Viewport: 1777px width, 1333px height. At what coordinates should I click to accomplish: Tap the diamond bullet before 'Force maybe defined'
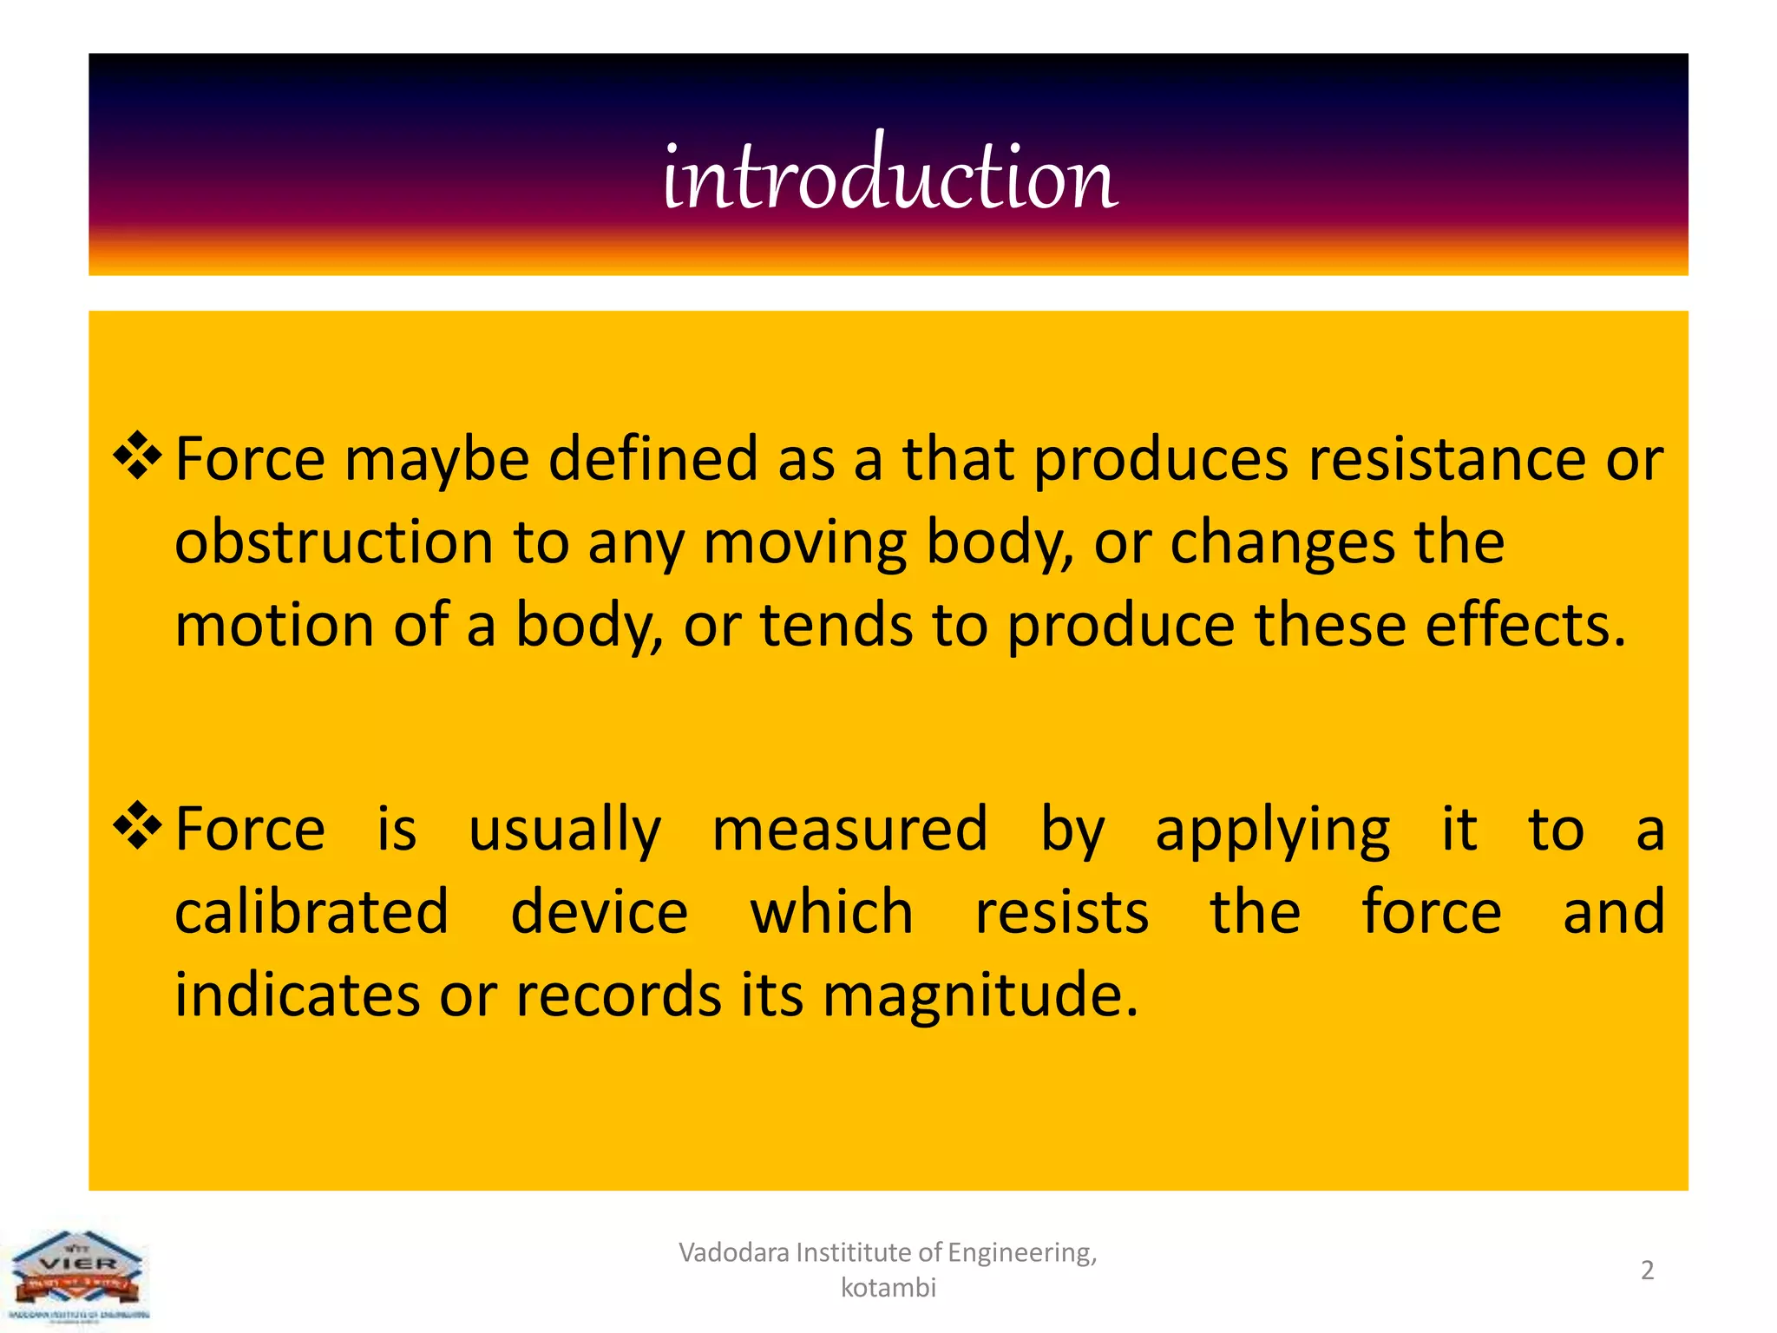pos(138,455)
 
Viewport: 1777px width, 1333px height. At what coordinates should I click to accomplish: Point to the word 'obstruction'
pos(334,542)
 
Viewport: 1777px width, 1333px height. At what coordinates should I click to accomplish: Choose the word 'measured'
pos(849,828)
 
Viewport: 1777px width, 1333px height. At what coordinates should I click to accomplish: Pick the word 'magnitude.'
pos(980,995)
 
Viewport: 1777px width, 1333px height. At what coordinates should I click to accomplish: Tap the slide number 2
pos(1647,1271)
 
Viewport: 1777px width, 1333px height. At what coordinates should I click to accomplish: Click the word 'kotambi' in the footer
pos(888,1287)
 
